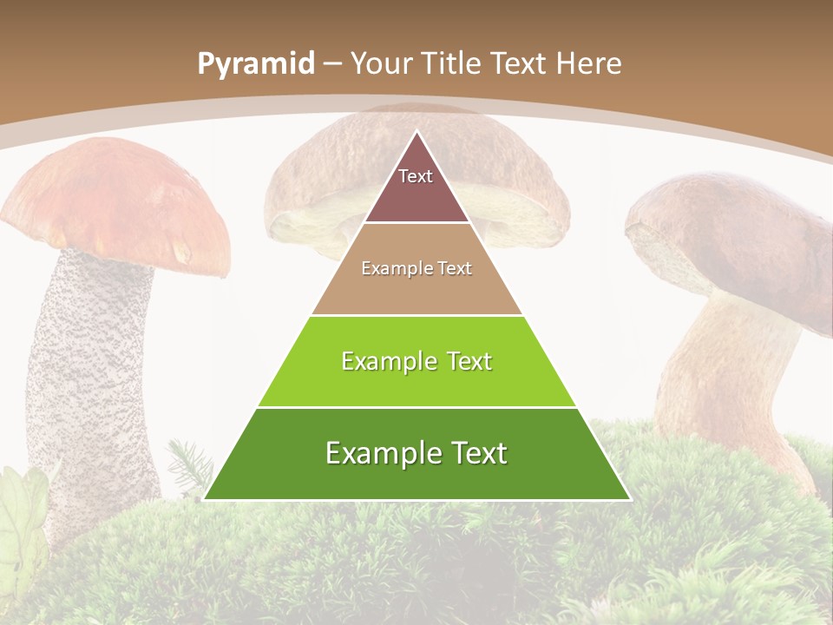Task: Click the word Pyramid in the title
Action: coord(255,64)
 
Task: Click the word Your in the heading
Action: coord(382,64)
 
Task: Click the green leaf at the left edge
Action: coord(22,512)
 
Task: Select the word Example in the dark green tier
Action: coord(375,453)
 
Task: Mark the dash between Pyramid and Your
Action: coord(332,64)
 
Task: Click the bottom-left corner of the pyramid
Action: coord(205,499)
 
